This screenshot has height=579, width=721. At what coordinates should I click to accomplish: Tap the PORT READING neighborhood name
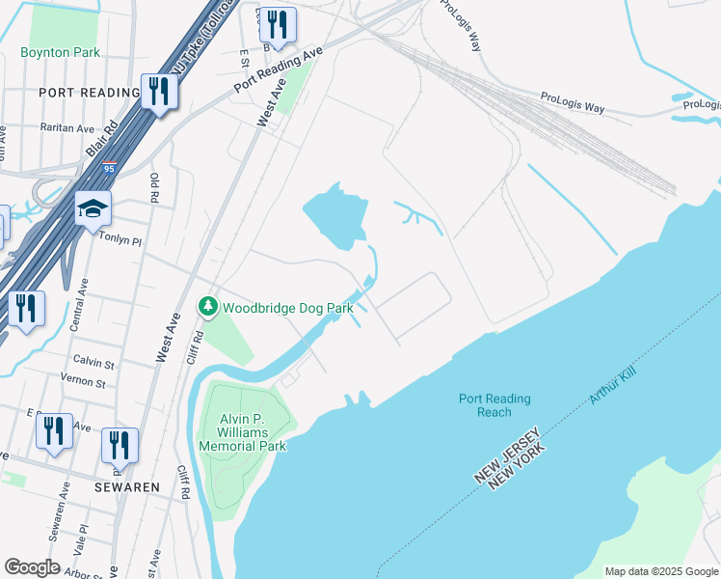[x=90, y=93]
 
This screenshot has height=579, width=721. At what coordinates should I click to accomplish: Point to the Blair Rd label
[x=100, y=138]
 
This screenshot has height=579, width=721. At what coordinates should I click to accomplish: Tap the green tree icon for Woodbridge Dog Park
[x=207, y=307]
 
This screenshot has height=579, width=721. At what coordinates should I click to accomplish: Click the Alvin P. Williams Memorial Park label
[x=243, y=432]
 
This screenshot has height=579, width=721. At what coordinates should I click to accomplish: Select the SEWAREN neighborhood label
[x=126, y=487]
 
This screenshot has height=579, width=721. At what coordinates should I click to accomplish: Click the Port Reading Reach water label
[x=494, y=405]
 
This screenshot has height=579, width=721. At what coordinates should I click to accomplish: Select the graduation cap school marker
[x=93, y=208]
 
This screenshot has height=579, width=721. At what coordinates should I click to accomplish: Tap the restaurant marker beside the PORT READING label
[x=159, y=92]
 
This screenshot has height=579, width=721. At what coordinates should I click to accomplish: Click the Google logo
[x=32, y=567]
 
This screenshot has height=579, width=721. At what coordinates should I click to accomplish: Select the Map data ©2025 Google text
[x=660, y=571]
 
